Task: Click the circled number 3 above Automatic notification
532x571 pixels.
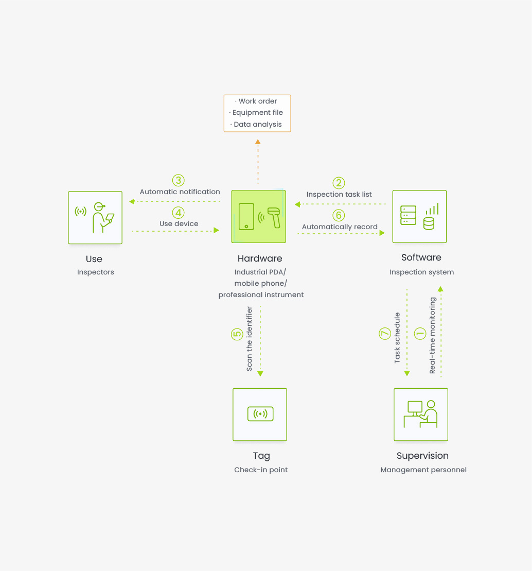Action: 179,180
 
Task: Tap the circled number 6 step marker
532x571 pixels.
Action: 339,215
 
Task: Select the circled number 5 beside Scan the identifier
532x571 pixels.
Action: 237,334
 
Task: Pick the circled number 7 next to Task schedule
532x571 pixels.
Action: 385,334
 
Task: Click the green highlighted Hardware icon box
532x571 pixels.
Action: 259,216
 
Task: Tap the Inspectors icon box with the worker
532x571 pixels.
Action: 95,217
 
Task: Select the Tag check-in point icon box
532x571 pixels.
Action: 260,414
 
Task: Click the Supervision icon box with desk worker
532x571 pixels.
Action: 421,414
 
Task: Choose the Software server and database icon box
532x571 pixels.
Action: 419,216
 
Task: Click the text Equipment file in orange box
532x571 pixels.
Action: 258,113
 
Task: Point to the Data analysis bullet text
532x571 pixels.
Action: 258,124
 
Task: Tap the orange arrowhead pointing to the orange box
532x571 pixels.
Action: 258,142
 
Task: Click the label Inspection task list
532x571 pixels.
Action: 339,194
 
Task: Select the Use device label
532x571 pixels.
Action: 179,223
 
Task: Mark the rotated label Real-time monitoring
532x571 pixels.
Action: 432,335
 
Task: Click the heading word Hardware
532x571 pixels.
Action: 260,258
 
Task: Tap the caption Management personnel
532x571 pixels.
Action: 423,470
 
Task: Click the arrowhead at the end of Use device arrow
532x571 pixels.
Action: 217,230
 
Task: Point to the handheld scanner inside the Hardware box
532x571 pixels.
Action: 274,217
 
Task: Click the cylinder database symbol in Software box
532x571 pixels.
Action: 429,223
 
